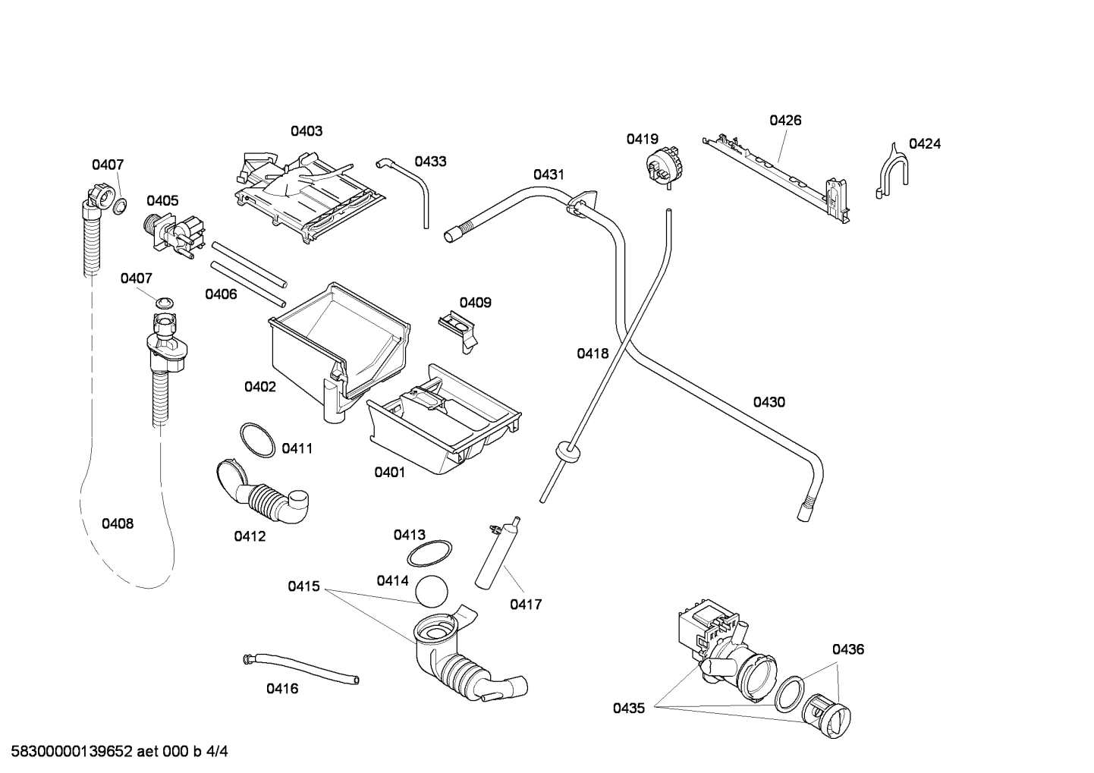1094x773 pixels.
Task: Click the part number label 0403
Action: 307,131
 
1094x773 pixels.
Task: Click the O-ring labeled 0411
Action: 256,440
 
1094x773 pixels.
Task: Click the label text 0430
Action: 769,402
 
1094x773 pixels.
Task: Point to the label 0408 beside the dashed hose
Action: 118,523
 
